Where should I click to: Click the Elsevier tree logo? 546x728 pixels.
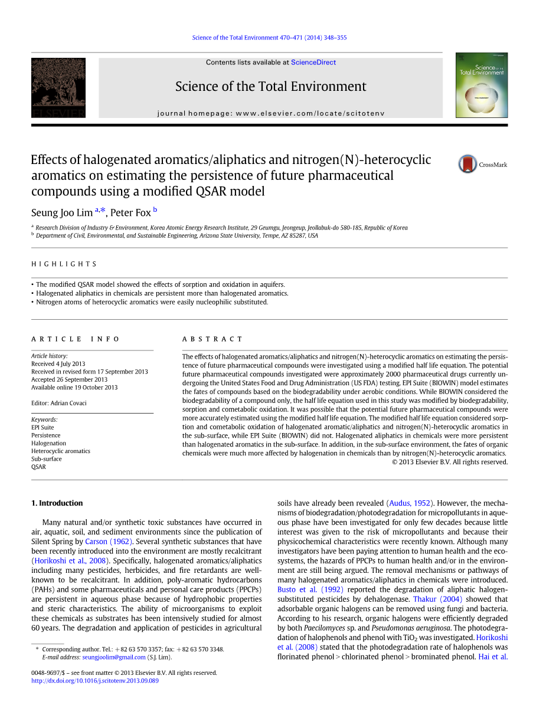click(x=58, y=87)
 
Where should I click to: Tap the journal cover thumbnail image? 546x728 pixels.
click(x=481, y=85)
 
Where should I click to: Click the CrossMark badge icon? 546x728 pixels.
click(x=467, y=164)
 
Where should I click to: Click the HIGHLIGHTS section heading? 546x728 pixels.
click(x=64, y=264)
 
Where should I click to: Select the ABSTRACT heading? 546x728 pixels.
click(x=212, y=339)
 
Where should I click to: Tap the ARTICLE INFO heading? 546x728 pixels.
click(x=75, y=339)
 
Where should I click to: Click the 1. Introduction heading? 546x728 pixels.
click(x=57, y=503)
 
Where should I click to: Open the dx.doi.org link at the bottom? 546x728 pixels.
click(x=94, y=680)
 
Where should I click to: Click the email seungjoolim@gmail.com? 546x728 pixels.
click(x=114, y=657)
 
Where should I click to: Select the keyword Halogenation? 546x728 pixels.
click(x=48, y=443)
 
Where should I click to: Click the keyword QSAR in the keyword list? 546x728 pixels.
click(x=38, y=467)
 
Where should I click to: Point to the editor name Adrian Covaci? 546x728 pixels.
click(x=69, y=403)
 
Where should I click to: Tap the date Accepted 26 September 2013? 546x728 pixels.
click(x=69, y=379)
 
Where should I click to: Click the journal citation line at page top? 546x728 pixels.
click(x=269, y=38)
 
